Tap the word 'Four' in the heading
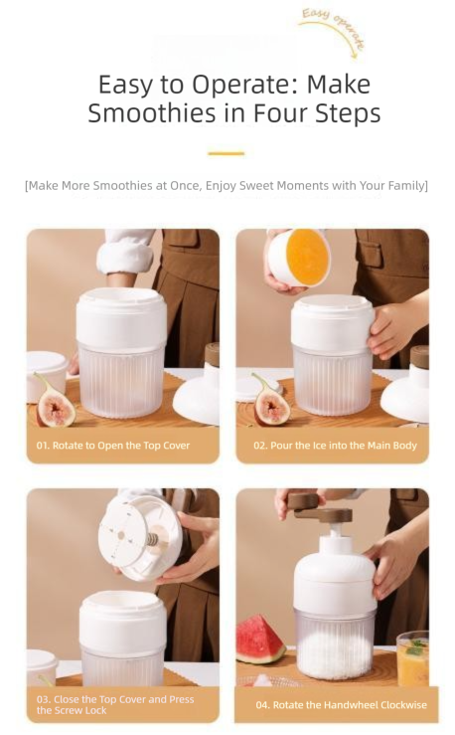279,113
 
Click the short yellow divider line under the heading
227,153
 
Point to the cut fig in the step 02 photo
270,406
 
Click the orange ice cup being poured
299,258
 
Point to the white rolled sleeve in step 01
124,253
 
